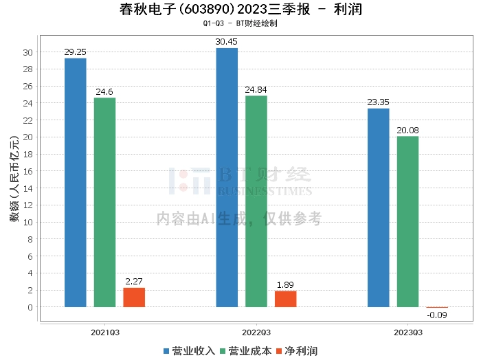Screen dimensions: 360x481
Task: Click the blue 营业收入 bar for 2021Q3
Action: pyautogui.click(x=76, y=183)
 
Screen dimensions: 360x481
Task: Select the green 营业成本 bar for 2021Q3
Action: pyautogui.click(x=105, y=203)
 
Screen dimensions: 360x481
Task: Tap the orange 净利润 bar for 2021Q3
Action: pyautogui.click(x=134, y=297)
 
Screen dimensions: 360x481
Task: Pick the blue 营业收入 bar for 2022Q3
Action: pyautogui.click(x=227, y=177)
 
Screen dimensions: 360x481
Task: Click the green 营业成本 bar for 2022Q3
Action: pyautogui.click(x=256, y=201)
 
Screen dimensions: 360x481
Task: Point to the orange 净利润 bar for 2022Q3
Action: pyautogui.click(x=285, y=299)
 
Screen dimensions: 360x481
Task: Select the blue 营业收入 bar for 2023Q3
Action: pyautogui.click(x=379, y=207)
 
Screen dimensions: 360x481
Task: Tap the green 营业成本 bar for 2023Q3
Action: pyautogui.click(x=407, y=221)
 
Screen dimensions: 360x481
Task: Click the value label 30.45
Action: pyautogui.click(x=227, y=41)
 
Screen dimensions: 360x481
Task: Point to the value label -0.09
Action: pyautogui.click(x=437, y=315)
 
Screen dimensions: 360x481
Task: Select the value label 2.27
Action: pyautogui.click(x=134, y=281)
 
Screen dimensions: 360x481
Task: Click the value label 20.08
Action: pyautogui.click(x=407, y=130)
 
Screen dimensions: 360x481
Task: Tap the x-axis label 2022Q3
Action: pyautogui.click(x=256, y=332)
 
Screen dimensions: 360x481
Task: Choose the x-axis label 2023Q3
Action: pyautogui.click(x=407, y=332)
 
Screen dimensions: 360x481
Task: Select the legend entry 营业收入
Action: pyautogui.click(x=190, y=351)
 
